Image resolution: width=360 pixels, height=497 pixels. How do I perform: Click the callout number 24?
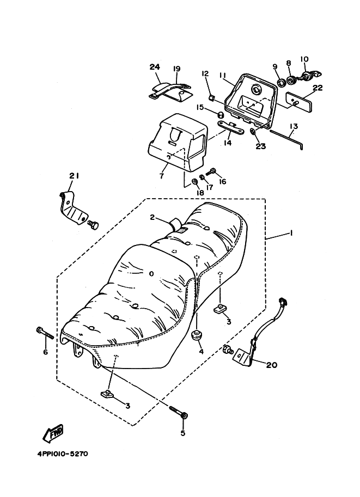155,67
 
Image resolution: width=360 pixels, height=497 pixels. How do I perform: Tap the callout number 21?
74,175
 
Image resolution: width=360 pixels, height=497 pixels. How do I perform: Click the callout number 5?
182,433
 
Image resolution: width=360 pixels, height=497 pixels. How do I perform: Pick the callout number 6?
45,352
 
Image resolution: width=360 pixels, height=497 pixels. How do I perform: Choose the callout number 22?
318,88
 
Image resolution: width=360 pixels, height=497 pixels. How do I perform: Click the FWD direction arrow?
53,434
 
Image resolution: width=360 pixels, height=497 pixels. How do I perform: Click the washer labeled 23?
254,131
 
